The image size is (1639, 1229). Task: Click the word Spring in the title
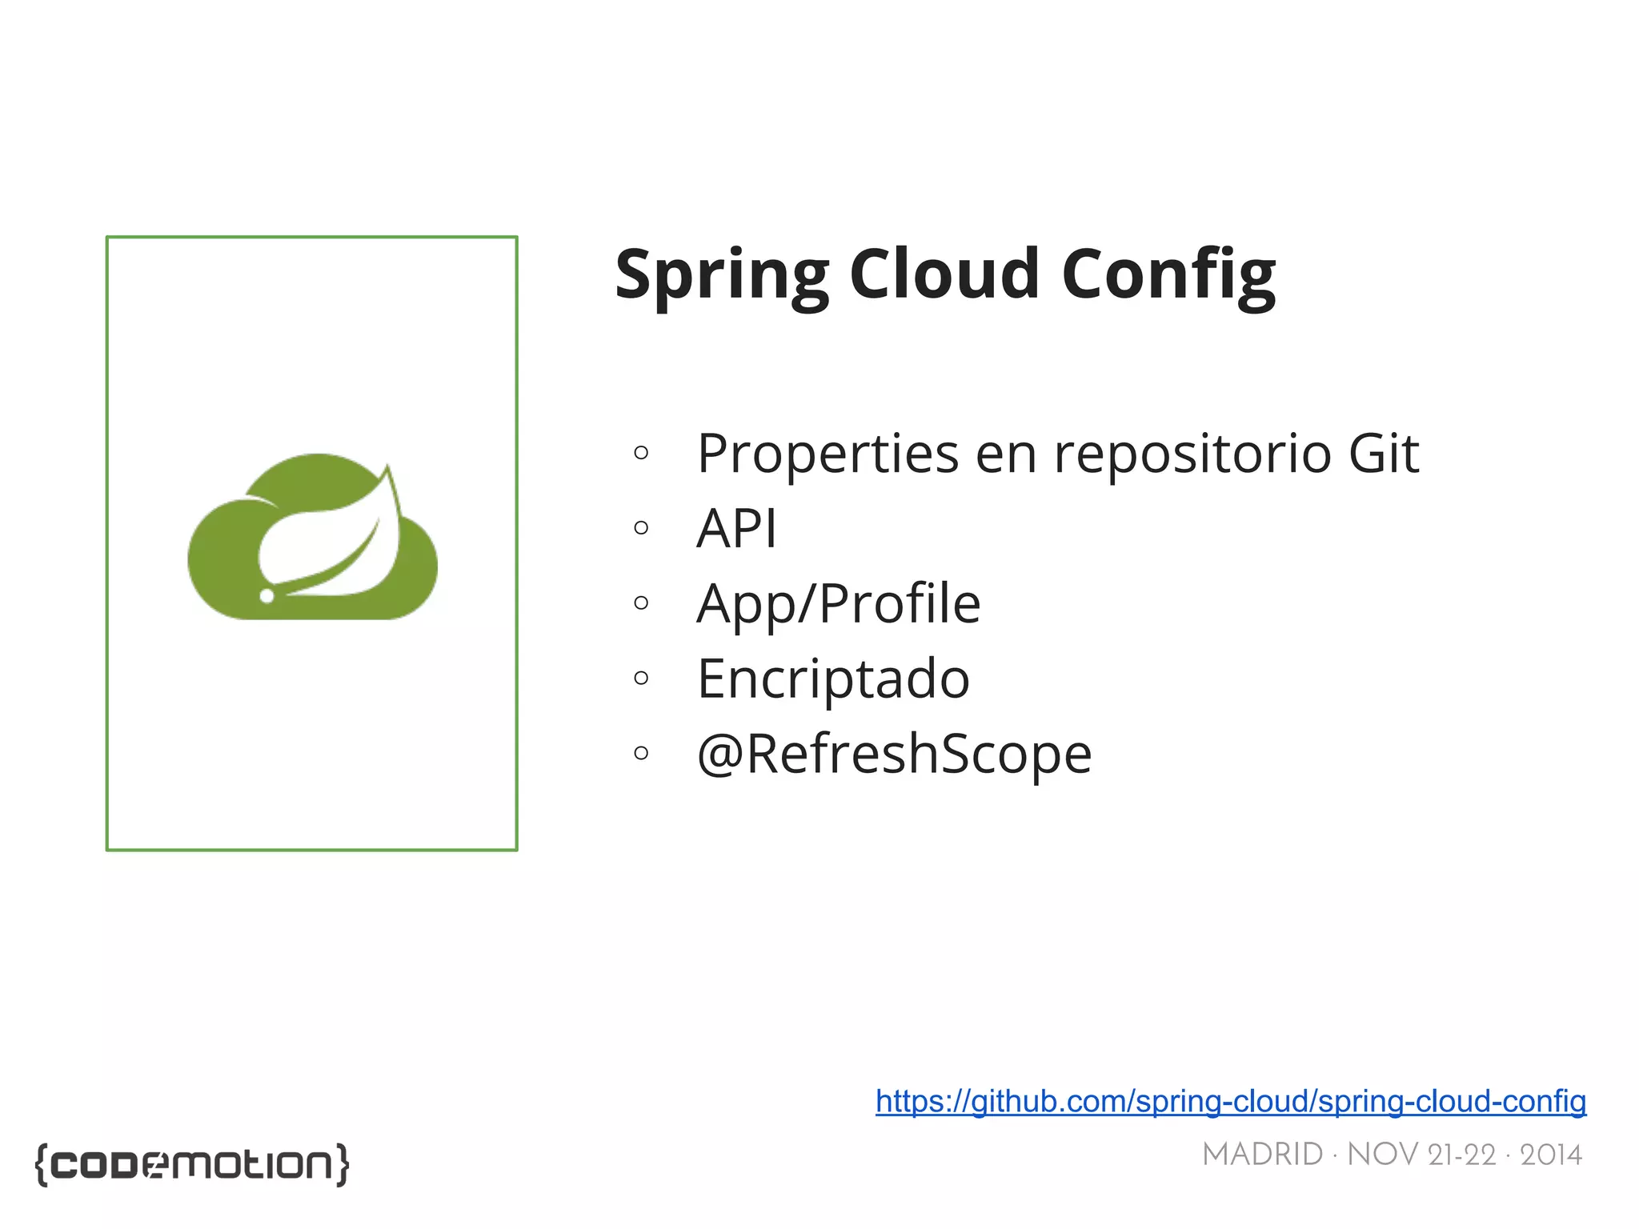tap(721, 275)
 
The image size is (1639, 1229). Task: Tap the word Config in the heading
tap(1168, 275)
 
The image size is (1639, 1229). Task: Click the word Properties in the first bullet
tap(828, 454)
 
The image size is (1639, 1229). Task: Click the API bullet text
tap(736, 528)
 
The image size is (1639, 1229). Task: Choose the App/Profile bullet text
tap(838, 603)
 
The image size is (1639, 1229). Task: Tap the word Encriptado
tap(833, 679)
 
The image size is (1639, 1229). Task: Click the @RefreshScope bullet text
tap(894, 754)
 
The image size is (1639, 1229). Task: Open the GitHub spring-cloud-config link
tap(1230, 1102)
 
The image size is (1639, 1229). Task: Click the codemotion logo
tap(192, 1164)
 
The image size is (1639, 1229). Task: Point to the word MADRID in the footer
tap(1262, 1155)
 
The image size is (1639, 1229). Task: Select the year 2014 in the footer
tap(1550, 1155)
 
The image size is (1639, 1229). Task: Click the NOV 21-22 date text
tap(1421, 1155)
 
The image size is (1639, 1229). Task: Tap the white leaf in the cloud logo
tap(336, 544)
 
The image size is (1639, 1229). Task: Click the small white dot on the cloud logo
tap(267, 595)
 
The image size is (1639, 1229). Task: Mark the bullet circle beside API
tap(640, 527)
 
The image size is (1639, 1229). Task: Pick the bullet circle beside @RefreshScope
tap(640, 752)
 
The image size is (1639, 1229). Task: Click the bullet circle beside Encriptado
tap(640, 678)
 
